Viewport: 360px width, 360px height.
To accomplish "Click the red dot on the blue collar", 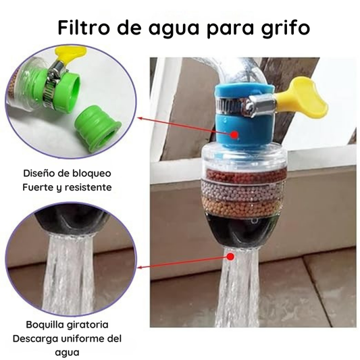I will click(234, 134).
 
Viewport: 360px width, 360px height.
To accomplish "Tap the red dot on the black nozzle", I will click(231, 257).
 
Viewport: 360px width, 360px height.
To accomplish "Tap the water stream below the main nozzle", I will click(242, 297).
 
